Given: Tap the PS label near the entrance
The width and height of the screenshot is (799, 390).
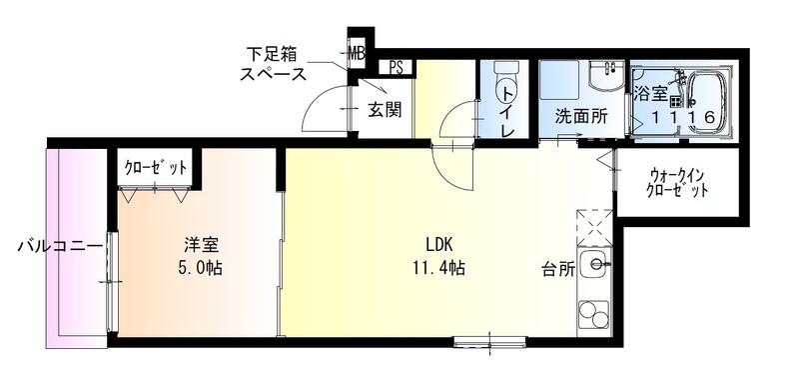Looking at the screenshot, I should coord(398,68).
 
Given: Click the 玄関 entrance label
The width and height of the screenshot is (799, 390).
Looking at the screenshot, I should coord(384,109).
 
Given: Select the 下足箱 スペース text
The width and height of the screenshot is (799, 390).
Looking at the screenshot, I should coord(273,62).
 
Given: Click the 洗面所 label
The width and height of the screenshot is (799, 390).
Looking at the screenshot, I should coord(581,116).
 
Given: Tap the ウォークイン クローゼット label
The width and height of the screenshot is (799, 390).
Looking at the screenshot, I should coord(677,181).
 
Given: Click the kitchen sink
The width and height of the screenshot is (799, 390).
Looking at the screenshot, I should coord(598,266).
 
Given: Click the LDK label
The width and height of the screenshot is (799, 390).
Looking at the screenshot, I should coord(439,243).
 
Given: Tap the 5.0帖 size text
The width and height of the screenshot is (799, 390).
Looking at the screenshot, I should coord(201,267).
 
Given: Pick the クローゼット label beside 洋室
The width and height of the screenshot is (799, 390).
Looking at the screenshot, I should coord(156,167).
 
